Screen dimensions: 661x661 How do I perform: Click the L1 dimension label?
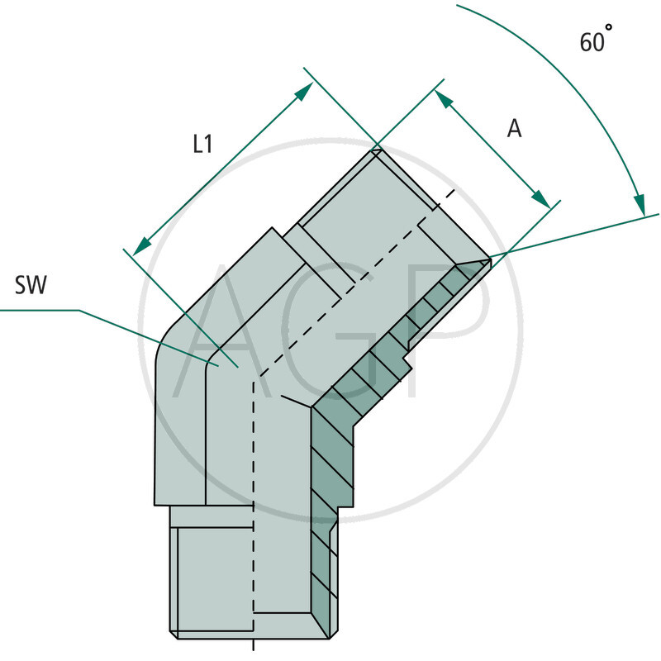coord(202,144)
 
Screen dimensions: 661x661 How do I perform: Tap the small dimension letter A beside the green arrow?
coord(514,128)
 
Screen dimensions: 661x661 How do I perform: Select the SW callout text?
coord(31,286)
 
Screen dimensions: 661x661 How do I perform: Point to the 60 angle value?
coord(591,42)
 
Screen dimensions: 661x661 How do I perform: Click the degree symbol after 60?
coord(610,28)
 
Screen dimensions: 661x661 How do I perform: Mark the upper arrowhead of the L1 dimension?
coord(305,91)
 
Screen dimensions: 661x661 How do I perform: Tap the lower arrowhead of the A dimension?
coord(541,200)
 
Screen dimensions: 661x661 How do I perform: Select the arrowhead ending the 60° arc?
coord(639,204)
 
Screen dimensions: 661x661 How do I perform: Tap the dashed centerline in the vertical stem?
coord(254,496)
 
